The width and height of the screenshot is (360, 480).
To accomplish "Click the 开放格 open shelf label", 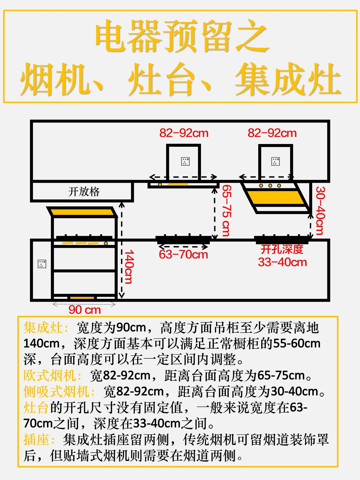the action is [84, 192].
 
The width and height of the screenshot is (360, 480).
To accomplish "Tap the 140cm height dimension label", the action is [129, 267].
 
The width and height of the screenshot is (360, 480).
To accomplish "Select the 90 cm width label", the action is [85, 310].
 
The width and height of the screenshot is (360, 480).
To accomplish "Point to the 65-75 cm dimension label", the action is [226, 210].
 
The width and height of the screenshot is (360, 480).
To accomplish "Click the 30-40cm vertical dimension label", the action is [320, 210].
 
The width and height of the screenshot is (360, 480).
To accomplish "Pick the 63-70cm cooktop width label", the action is [183, 255].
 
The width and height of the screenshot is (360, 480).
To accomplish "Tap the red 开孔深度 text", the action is [282, 249].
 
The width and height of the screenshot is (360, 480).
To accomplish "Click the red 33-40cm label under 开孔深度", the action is [282, 262].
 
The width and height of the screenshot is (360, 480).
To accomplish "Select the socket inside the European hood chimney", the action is [185, 162].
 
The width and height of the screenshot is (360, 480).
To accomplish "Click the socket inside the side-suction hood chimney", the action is [275, 162].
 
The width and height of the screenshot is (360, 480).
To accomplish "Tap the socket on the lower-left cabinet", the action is [42, 264].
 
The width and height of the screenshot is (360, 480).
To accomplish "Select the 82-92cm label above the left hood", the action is [184, 133].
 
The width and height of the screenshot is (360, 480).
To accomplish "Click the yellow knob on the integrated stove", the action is [106, 243].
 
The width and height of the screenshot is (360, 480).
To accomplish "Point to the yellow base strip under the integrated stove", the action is [82, 298].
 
